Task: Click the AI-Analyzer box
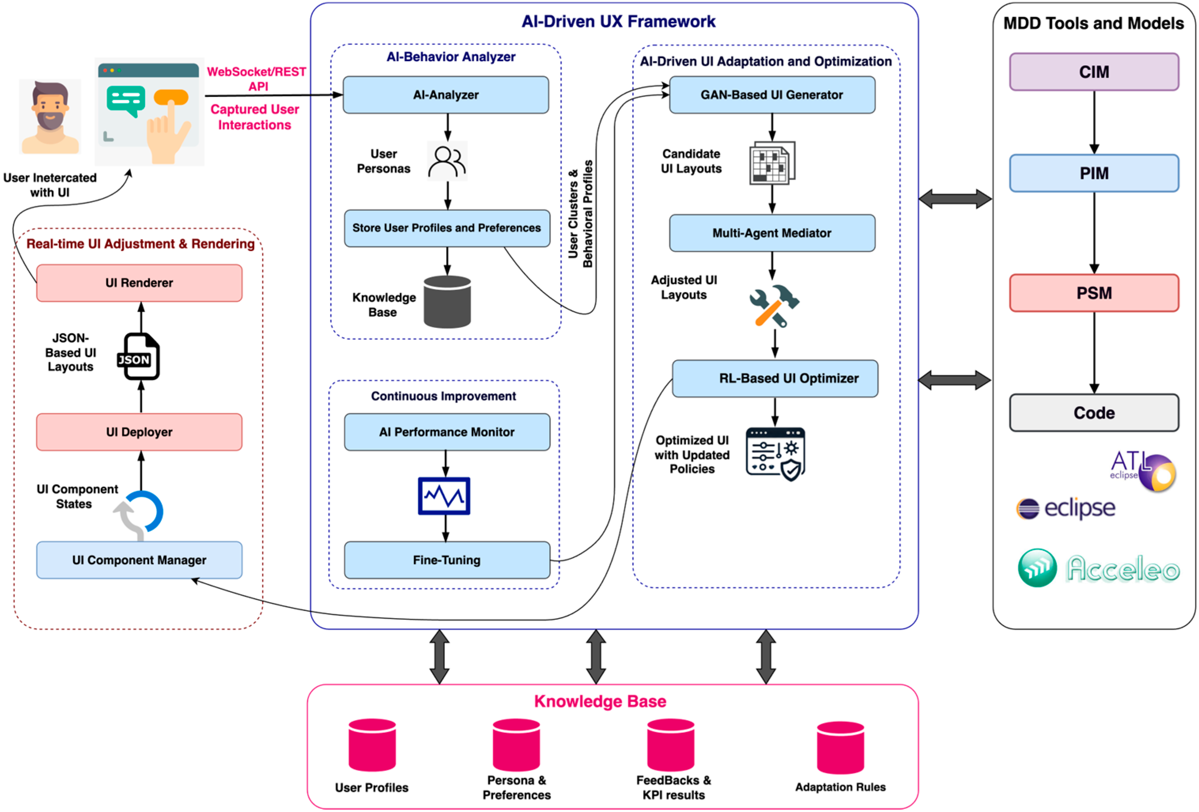(x=446, y=95)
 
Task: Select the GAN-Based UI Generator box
(x=772, y=95)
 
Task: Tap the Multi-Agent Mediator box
(x=772, y=233)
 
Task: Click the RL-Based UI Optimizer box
(x=775, y=378)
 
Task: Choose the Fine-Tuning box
(x=447, y=560)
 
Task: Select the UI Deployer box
(x=139, y=432)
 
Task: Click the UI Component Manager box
(x=139, y=560)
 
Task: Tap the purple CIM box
(x=1094, y=71)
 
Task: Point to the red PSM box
(x=1094, y=293)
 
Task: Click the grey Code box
(x=1094, y=413)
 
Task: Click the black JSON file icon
(x=139, y=356)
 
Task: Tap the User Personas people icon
(x=447, y=162)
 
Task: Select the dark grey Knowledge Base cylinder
(x=447, y=302)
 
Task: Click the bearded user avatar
(x=50, y=117)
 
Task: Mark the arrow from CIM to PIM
(x=1094, y=122)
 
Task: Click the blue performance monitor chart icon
(x=444, y=496)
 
